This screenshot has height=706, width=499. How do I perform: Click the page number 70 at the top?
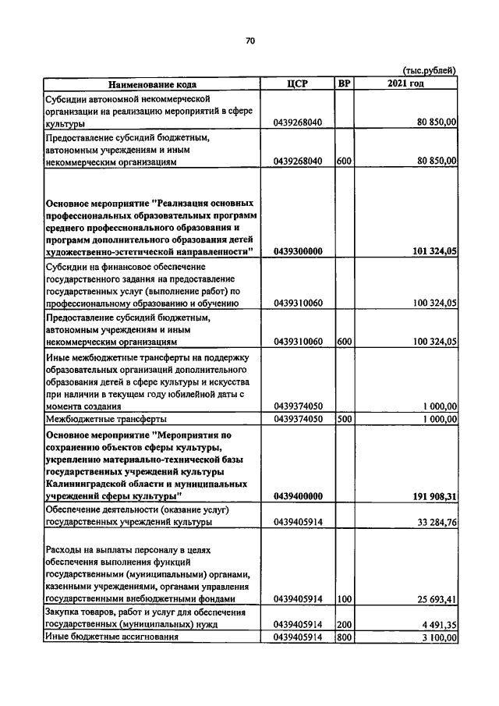[250, 41]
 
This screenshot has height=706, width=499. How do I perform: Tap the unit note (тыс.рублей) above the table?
[429, 71]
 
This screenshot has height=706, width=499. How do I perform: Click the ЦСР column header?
[299, 83]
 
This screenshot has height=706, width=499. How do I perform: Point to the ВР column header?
[343, 83]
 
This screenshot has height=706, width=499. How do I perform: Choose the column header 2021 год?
[405, 83]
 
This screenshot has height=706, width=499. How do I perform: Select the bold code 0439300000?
[299, 251]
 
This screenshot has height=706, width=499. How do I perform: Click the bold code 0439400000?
[299, 496]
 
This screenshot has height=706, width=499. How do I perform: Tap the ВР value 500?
[343, 419]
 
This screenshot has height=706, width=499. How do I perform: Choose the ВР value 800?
[343, 637]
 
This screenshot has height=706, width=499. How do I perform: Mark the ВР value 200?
[343, 624]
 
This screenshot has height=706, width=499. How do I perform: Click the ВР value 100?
[343, 599]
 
